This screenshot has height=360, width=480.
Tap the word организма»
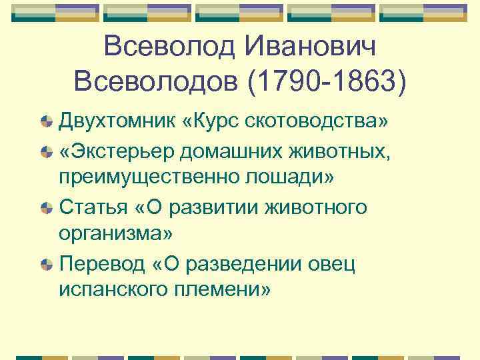pyautogui.click(x=116, y=235)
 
